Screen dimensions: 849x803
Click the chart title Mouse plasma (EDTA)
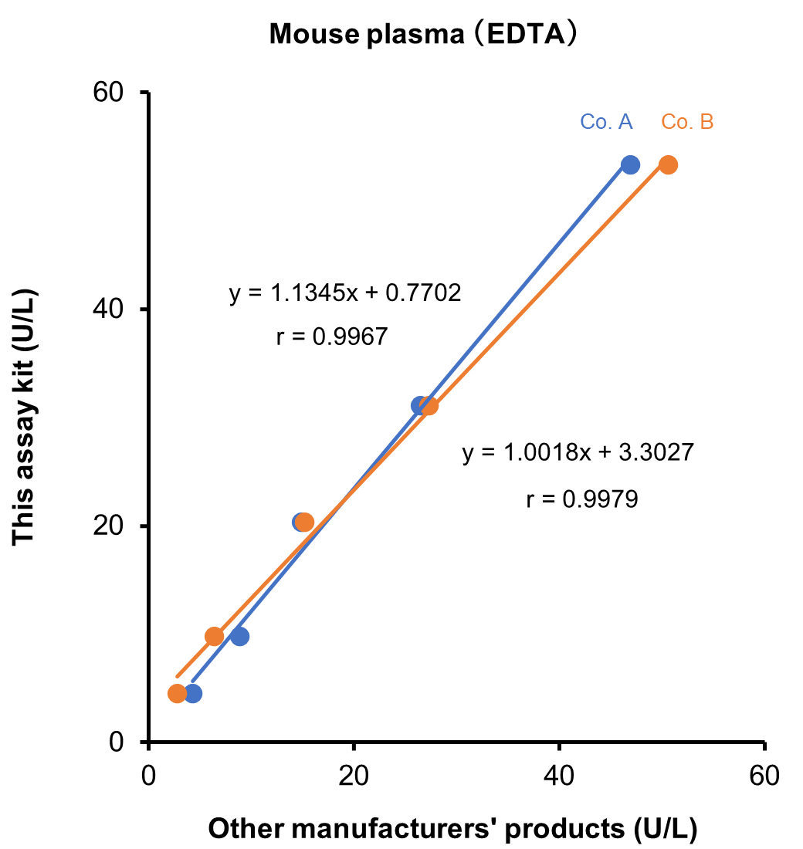pyautogui.click(x=424, y=36)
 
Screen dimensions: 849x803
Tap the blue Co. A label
pyautogui.click(x=607, y=122)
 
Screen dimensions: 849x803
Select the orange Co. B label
pyautogui.click(x=687, y=122)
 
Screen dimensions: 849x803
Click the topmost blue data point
pyautogui.click(x=630, y=164)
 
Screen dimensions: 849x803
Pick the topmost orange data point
pyautogui.click(x=669, y=164)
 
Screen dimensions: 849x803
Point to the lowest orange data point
pyautogui.click(x=177, y=694)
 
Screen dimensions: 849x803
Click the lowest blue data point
pyautogui.click(x=193, y=694)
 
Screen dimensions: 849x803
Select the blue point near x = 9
pyautogui.click(x=239, y=637)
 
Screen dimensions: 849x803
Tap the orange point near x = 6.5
pyautogui.click(x=215, y=637)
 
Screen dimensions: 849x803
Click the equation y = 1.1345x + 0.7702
pyautogui.click(x=345, y=293)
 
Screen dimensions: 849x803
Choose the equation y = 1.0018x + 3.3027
pyautogui.click(x=578, y=452)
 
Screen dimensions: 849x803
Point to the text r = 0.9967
pyautogui.click(x=331, y=337)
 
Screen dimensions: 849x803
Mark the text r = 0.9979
pyautogui.click(x=581, y=499)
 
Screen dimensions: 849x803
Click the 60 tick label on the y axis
pyautogui.click(x=111, y=93)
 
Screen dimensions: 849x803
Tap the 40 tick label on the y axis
pyautogui.click(x=111, y=309)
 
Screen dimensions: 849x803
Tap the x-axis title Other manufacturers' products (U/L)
pyautogui.click(x=453, y=829)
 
